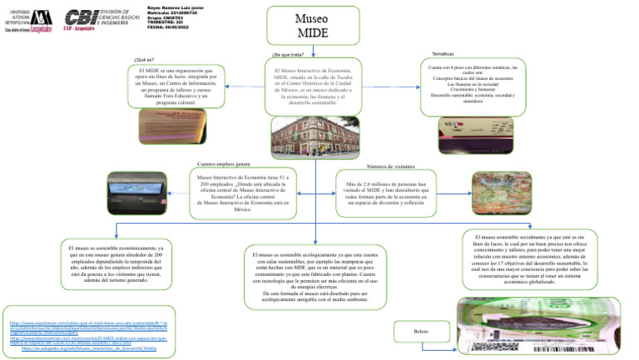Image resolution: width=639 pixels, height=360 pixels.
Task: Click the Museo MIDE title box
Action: point(315,26)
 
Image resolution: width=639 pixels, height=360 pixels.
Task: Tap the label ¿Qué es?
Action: point(144,60)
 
